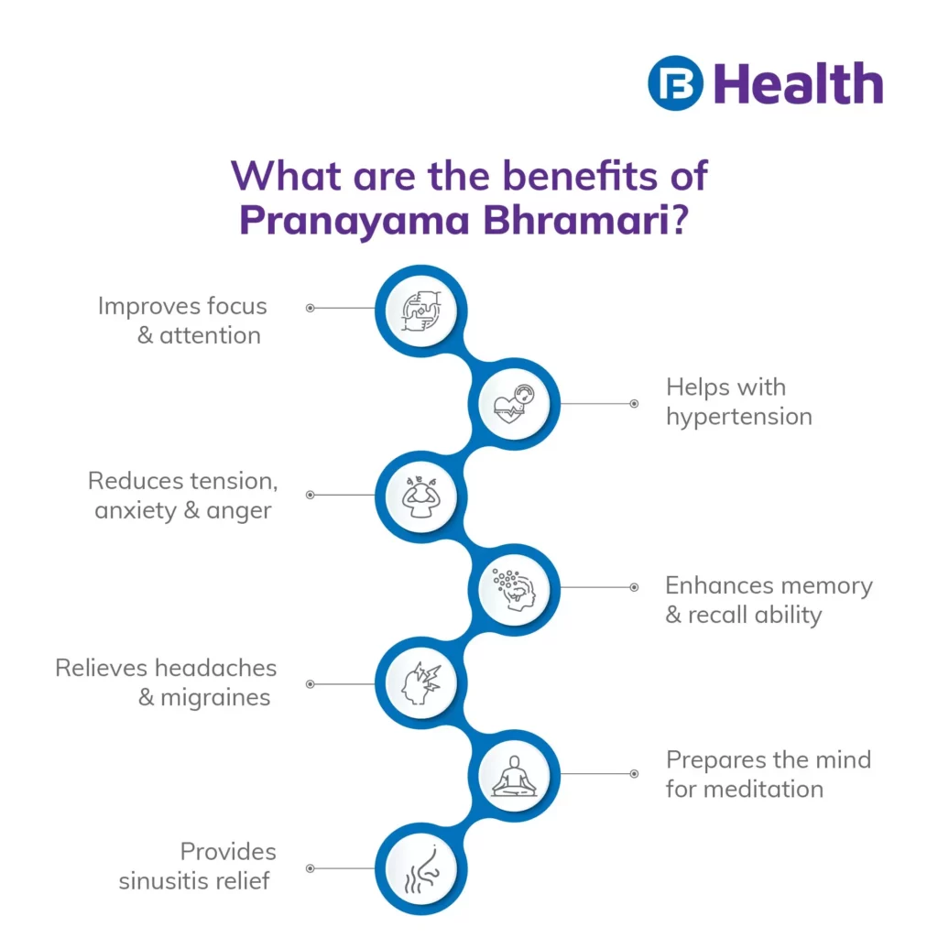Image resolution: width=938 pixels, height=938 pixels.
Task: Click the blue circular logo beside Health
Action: coord(675,83)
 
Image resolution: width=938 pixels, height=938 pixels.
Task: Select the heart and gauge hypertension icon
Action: coord(515,403)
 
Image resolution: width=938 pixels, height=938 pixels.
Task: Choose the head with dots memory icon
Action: coord(515,587)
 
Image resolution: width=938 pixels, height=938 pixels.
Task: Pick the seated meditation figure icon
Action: coord(515,775)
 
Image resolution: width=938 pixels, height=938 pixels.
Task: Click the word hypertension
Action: coord(738,418)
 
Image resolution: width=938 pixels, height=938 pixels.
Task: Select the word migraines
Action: coord(215,698)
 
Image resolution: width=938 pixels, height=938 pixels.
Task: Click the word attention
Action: coord(210,336)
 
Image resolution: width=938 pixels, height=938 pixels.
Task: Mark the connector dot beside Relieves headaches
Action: coord(310,683)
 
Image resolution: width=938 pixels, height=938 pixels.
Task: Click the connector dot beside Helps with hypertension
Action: coord(634,403)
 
